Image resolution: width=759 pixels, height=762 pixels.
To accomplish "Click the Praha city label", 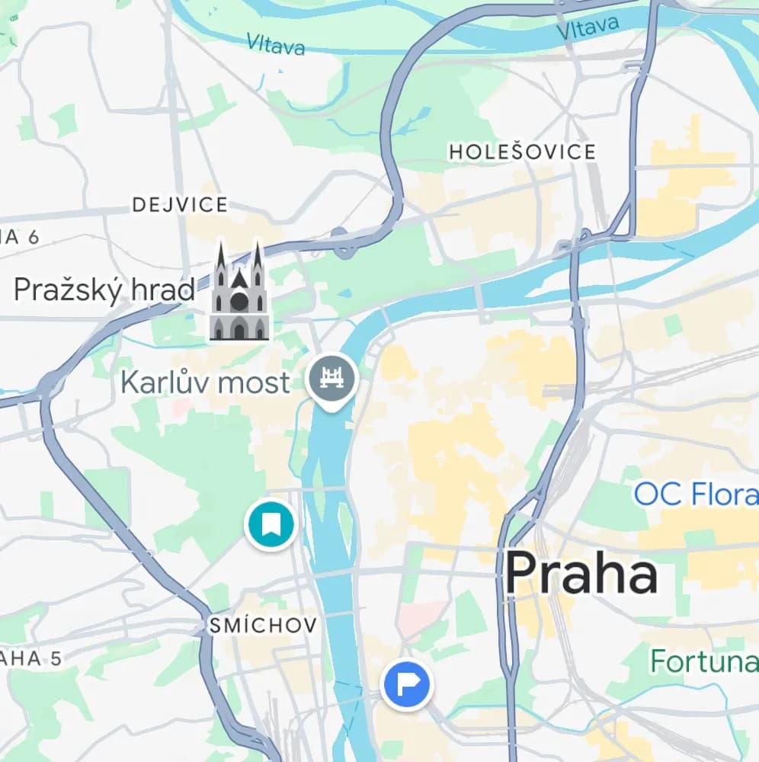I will click(581, 574).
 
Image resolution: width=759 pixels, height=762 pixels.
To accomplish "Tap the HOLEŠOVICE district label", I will click(522, 152).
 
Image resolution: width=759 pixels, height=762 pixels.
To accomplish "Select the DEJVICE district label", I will click(180, 204).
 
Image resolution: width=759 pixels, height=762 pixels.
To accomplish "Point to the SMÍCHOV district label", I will click(264, 626).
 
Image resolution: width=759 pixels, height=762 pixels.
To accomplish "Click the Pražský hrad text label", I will click(104, 290).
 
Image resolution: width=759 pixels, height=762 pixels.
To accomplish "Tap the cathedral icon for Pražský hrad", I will click(239, 293).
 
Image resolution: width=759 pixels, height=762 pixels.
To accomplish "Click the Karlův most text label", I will click(206, 382).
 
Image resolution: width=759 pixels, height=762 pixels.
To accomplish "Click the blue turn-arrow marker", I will click(406, 684).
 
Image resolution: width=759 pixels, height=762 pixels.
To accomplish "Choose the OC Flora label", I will click(695, 494).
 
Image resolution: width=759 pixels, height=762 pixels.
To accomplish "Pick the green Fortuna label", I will click(703, 661).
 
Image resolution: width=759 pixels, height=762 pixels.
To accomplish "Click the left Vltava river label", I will click(275, 43).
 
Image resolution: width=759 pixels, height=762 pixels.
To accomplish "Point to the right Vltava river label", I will click(587, 28).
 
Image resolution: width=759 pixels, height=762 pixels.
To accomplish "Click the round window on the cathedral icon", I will click(239, 301).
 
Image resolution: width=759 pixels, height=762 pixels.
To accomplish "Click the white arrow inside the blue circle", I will click(407, 684).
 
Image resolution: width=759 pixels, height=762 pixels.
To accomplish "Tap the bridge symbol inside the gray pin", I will click(332, 377).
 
